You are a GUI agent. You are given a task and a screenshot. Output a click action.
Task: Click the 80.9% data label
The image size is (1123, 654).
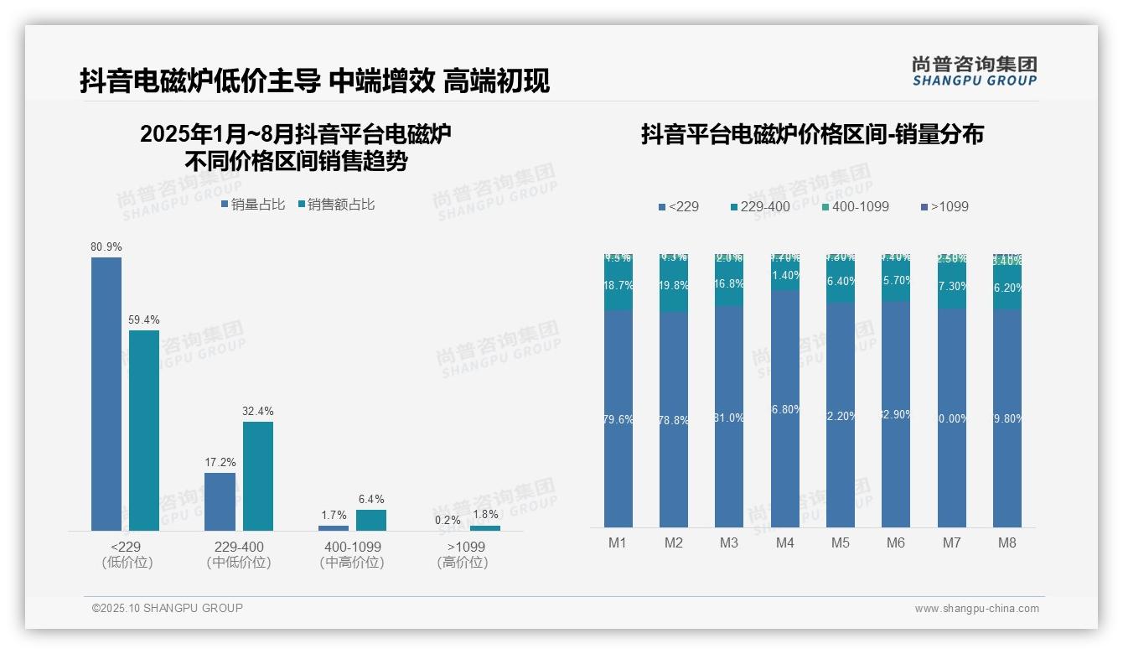[106, 247]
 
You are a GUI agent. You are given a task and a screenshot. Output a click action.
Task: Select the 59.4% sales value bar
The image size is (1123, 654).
[144, 429]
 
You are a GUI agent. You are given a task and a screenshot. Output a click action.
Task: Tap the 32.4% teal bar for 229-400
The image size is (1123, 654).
[258, 475]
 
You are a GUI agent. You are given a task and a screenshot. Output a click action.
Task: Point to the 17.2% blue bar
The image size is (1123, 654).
[220, 501]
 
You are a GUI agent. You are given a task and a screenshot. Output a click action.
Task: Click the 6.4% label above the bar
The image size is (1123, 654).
[371, 500]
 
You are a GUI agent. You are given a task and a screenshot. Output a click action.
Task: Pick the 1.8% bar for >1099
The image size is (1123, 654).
[485, 528]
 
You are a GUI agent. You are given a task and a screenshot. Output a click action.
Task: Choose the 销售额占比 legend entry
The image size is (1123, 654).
[336, 205]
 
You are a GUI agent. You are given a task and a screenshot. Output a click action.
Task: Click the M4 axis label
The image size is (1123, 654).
[784, 543]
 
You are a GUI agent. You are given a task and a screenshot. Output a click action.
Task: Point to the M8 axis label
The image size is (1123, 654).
[1007, 543]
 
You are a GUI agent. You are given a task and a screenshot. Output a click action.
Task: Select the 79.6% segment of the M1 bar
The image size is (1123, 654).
[618, 419]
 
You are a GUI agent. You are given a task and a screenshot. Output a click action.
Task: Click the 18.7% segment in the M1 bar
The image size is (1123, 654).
[618, 286]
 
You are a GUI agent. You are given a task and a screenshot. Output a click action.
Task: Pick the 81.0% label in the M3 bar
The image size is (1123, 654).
[729, 418]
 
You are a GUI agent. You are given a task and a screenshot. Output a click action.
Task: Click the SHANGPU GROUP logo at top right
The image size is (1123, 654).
[975, 71]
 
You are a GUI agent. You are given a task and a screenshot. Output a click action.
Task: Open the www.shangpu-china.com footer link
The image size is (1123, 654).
[976, 609]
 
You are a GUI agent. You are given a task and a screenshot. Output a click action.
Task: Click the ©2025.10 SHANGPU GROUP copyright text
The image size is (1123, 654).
[168, 608]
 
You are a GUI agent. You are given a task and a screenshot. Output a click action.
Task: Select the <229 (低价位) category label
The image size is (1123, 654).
[127, 555]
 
